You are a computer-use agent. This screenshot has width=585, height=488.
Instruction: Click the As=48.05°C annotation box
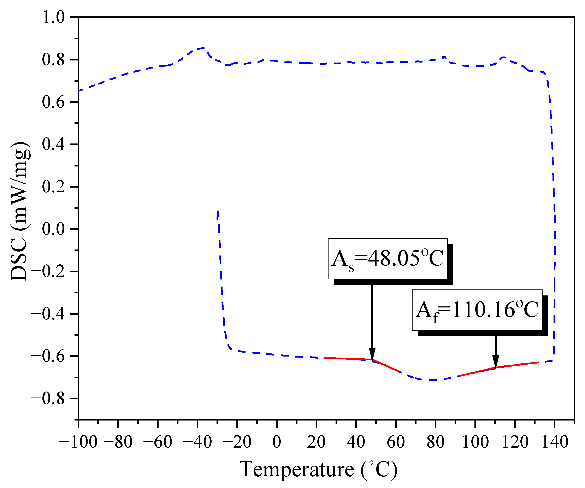click(x=388, y=258)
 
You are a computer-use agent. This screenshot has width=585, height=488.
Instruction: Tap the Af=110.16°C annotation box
click(x=477, y=310)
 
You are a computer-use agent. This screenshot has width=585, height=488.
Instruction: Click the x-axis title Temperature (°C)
click(x=318, y=470)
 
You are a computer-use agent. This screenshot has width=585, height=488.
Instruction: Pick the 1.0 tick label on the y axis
click(x=53, y=17)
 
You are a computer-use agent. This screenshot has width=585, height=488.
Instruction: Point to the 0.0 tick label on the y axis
click(x=53, y=229)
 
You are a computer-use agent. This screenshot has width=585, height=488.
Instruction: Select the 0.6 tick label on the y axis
click(x=53, y=102)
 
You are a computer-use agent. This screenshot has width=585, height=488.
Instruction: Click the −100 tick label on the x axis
click(x=78, y=442)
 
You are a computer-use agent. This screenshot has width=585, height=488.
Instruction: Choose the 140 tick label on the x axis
click(x=555, y=442)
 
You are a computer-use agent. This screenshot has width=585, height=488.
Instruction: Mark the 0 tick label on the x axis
click(x=277, y=442)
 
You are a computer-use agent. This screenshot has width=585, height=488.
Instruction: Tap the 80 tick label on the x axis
click(x=435, y=442)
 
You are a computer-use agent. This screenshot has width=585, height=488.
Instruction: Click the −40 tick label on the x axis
click(x=197, y=442)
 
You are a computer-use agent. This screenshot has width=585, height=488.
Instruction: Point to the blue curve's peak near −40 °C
click(x=203, y=48)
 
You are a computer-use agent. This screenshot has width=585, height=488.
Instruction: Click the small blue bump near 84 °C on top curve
click(x=444, y=57)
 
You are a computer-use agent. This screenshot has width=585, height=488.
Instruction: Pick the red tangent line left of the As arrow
click(x=348, y=359)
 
